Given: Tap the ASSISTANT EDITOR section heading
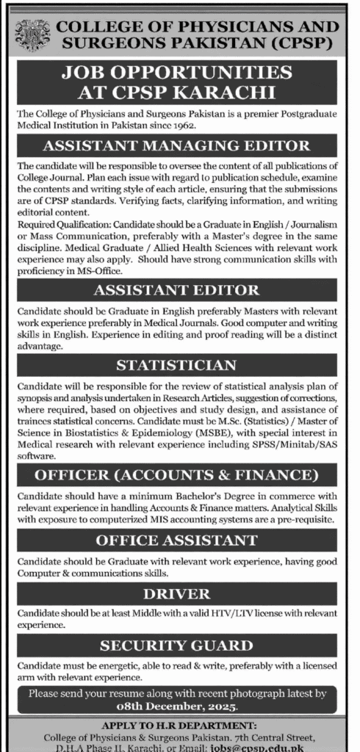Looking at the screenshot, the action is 180,289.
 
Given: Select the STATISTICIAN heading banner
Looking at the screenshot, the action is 180,365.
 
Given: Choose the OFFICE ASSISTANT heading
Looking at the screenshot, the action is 180,540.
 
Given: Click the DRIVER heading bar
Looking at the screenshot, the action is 180,593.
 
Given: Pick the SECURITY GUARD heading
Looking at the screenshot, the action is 180,646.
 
